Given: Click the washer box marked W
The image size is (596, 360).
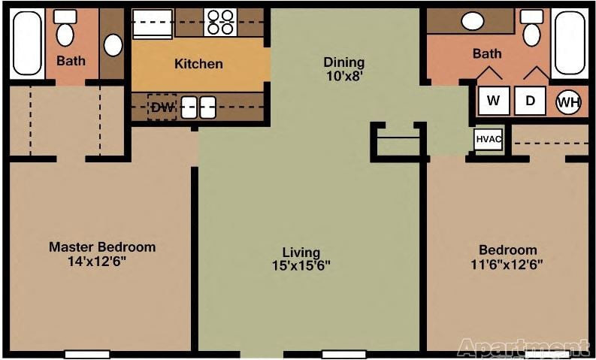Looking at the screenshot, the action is tap(493, 101).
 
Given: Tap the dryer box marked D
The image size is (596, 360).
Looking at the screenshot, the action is tap(530, 101).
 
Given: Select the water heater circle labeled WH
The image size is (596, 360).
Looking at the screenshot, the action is tap(569, 102).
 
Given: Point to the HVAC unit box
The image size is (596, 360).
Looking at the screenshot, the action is tap(489, 139).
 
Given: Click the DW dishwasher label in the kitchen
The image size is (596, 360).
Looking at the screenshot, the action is tap(162, 107).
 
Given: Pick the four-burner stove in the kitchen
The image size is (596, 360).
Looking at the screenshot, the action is tap(220, 23).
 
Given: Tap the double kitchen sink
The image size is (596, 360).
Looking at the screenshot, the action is tap(198, 107).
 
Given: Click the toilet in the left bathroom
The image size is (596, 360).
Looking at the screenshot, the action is tap(65, 28).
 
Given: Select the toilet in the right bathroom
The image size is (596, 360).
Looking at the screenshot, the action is tap(531, 28).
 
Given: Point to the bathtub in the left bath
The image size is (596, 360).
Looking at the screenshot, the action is tap(27, 43).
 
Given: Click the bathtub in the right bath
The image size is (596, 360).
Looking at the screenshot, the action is tap(570, 42).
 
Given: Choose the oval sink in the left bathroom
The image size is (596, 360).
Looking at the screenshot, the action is tap(113, 45).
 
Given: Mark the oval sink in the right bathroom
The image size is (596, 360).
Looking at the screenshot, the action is tap(473, 21).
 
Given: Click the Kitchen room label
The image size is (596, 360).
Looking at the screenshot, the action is tap(198, 63).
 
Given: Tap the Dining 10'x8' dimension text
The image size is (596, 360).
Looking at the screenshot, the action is tap(344, 76).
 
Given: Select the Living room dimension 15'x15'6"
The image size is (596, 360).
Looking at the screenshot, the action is tap(301, 265).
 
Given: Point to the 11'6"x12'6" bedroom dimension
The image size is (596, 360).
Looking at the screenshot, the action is tap(507, 264).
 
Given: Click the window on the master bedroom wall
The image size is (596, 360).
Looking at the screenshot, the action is tap(87, 354).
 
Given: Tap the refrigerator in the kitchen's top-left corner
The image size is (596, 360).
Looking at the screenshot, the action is tap(152, 23).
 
